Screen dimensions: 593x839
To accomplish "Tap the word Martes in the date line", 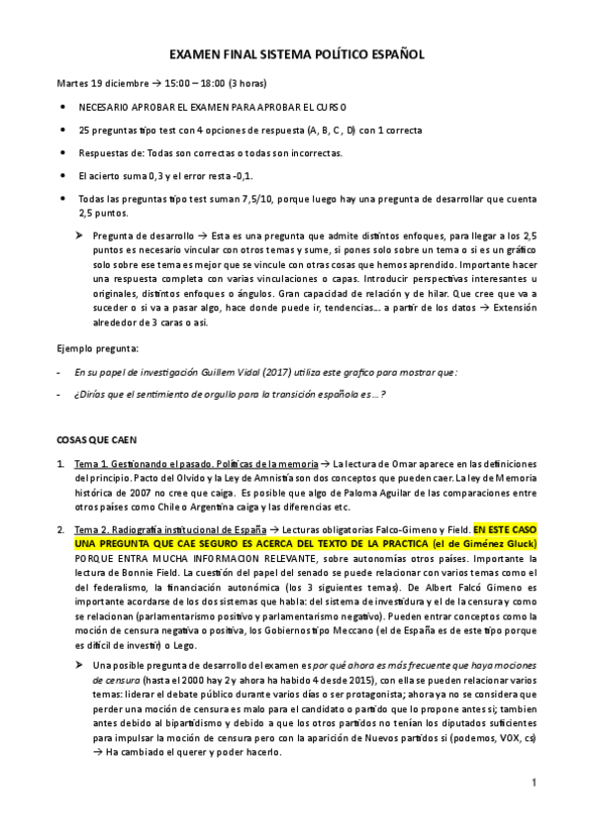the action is pos(76,82).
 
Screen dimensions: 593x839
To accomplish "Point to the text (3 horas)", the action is pos(247,82).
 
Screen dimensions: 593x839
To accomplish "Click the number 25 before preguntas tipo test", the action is pos(84,130).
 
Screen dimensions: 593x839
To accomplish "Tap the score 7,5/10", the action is pos(234,200).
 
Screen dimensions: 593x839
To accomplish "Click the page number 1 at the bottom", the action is pos(533,784).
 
